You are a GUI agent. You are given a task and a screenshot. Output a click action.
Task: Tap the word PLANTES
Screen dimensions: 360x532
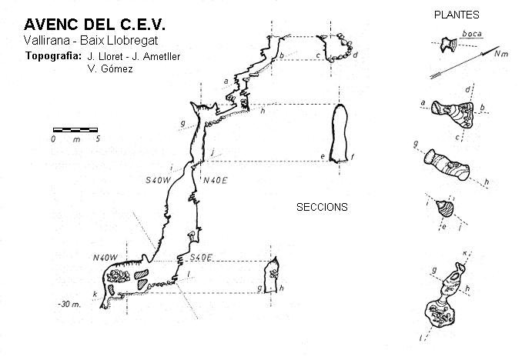click(x=457, y=15)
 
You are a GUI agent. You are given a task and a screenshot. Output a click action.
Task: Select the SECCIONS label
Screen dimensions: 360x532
click(x=322, y=207)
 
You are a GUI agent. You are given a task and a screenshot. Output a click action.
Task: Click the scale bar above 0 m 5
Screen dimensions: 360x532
click(x=75, y=128)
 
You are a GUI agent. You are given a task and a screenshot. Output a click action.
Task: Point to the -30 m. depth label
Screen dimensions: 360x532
click(x=69, y=304)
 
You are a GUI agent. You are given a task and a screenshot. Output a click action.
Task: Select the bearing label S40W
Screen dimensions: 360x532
click(x=159, y=180)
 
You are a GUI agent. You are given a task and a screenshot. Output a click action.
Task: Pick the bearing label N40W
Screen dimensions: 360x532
click(x=104, y=258)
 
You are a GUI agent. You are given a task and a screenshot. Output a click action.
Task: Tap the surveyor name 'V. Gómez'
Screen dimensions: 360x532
click(x=110, y=68)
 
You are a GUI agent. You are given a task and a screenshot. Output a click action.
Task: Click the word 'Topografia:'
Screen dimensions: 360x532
click(x=53, y=55)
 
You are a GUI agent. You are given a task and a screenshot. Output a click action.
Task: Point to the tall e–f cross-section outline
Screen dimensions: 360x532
click(x=340, y=133)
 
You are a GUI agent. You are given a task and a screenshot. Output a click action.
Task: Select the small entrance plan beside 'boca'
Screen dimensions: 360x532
click(x=445, y=46)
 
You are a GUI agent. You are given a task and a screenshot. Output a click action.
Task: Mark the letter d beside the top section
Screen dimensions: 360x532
click(x=355, y=55)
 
